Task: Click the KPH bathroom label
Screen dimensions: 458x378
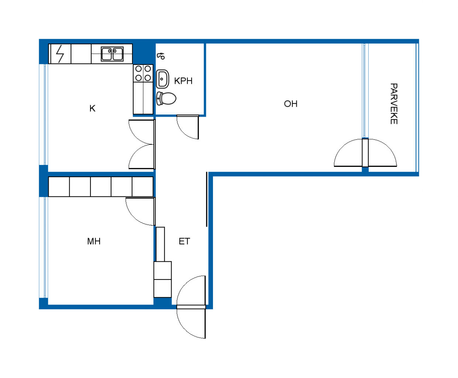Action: click(183, 81)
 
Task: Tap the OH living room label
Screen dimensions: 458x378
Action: click(291, 104)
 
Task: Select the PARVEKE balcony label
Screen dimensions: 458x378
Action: click(394, 104)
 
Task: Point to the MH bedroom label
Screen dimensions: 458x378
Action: click(94, 241)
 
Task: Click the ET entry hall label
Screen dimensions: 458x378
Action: click(184, 241)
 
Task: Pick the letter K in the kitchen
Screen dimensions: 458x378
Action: click(92, 109)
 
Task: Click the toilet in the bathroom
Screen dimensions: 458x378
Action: click(166, 99)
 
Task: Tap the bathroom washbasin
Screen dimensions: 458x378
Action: click(162, 79)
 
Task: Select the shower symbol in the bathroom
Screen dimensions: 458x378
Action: click(161, 56)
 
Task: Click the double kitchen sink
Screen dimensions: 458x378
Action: click(112, 54)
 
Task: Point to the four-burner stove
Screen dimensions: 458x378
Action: click(143, 73)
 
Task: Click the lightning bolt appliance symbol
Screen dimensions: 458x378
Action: click(60, 54)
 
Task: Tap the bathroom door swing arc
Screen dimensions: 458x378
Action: click(185, 132)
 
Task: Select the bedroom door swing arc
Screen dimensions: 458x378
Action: click(134, 217)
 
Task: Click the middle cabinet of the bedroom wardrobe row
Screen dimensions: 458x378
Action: click(101, 187)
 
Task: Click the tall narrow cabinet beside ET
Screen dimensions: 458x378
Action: click(160, 244)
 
